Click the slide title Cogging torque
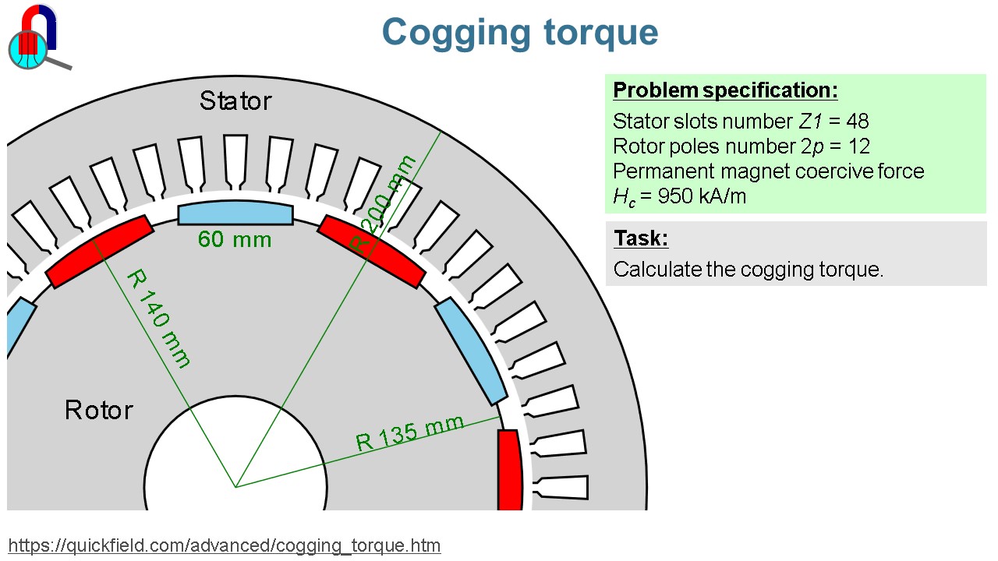point(519,33)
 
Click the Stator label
point(235,101)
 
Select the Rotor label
point(99,410)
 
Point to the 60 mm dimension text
point(235,240)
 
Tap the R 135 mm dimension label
point(409,433)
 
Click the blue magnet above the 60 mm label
point(235,214)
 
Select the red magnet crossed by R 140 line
point(99,252)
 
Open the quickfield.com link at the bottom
point(225,545)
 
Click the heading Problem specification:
point(725,90)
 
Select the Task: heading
point(641,238)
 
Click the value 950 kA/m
point(702,196)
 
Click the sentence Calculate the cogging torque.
point(748,270)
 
